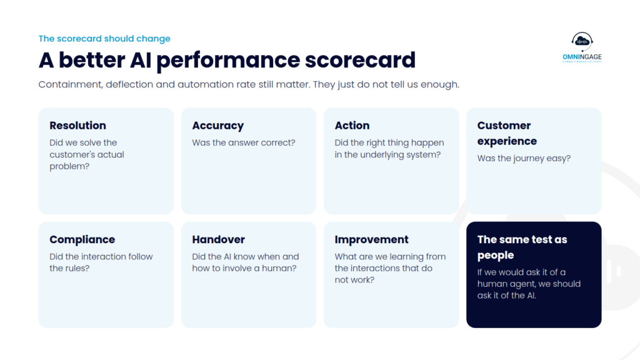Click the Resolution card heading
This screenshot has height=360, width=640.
click(77, 125)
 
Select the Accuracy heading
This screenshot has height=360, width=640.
click(218, 126)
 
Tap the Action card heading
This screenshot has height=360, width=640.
click(352, 125)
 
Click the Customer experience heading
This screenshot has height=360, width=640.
click(507, 133)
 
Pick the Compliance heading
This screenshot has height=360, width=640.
click(82, 239)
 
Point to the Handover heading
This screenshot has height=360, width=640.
click(218, 239)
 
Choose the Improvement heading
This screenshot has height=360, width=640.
click(371, 239)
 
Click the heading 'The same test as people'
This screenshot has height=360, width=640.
click(522, 247)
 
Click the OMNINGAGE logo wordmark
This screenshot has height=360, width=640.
click(582, 57)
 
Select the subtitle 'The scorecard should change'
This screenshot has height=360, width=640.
click(104, 38)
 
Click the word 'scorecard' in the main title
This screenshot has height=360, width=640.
click(360, 59)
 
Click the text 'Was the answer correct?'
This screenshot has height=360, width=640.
click(244, 142)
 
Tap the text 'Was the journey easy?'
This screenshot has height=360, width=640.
click(524, 158)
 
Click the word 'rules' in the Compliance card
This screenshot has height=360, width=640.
click(78, 268)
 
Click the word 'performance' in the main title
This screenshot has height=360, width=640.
click(227, 61)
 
